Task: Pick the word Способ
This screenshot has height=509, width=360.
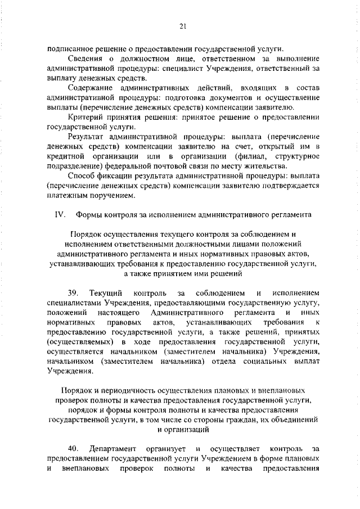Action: (x=82, y=176)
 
